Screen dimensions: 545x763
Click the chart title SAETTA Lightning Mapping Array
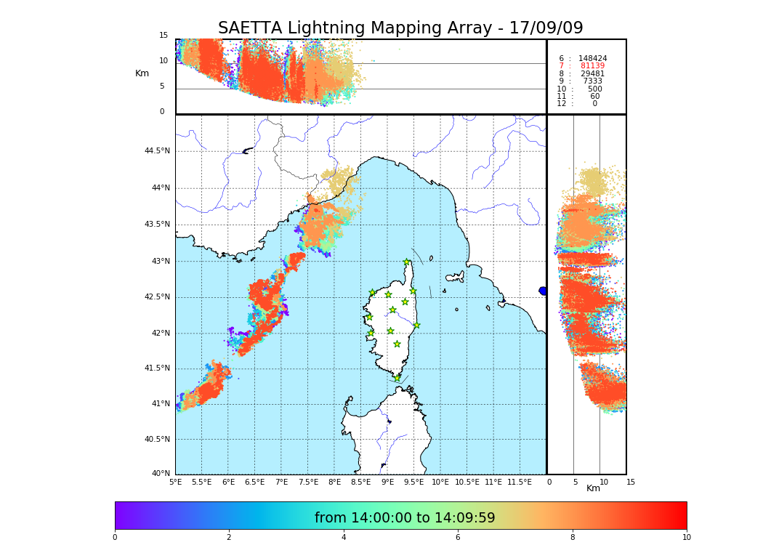(400, 28)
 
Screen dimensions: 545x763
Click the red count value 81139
(592, 66)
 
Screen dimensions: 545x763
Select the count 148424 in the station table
(592, 58)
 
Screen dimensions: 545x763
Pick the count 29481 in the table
(592, 73)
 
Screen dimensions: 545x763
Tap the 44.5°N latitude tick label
(156, 151)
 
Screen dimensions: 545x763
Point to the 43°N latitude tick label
(159, 262)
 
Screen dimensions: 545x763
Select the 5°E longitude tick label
(176, 482)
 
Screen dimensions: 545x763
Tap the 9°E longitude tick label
(387, 482)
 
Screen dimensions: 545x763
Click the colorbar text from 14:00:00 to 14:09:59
(405, 518)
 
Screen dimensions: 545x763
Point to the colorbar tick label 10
(687, 538)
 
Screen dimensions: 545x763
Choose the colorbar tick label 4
(344, 538)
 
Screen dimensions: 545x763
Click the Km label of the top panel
(142, 73)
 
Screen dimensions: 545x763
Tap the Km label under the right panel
(594, 488)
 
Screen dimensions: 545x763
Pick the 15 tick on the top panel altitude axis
(163, 36)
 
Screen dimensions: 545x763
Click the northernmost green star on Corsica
(407, 262)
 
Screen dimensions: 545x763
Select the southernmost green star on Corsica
(397, 378)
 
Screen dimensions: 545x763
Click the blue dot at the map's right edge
(543, 291)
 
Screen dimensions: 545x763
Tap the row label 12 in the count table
(561, 104)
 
